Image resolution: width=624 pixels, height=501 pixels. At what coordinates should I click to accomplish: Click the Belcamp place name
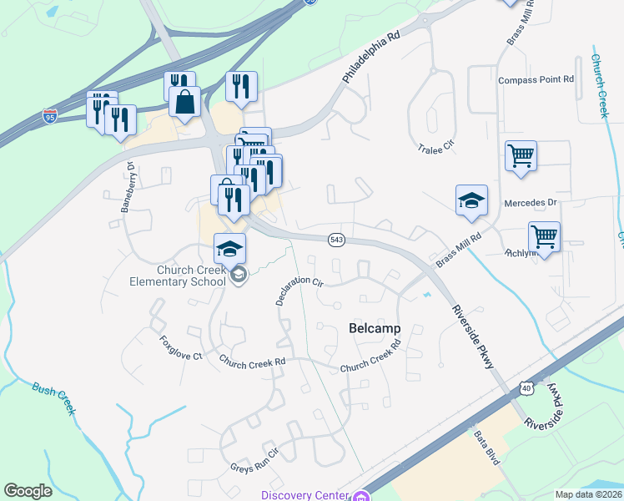coord(374,329)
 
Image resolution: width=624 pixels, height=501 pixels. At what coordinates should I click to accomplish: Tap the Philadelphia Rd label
coord(371,58)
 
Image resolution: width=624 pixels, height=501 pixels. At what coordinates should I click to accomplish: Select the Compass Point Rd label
coord(536,80)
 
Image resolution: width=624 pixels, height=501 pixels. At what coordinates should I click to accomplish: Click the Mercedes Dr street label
coord(530,203)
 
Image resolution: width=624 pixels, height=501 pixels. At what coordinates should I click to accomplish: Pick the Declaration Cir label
coord(299,291)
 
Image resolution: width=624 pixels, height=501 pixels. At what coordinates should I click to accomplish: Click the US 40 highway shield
coord(525,388)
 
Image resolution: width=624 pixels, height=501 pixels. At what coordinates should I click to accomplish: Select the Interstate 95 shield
coord(52,117)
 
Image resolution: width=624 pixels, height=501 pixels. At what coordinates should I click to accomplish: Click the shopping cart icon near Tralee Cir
coord(521,155)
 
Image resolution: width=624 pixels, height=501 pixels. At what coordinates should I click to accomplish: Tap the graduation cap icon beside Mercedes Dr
coord(471,200)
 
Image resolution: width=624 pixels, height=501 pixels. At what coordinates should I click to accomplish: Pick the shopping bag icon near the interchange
coord(185,102)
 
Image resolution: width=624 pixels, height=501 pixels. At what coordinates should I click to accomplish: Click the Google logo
coord(28,491)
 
